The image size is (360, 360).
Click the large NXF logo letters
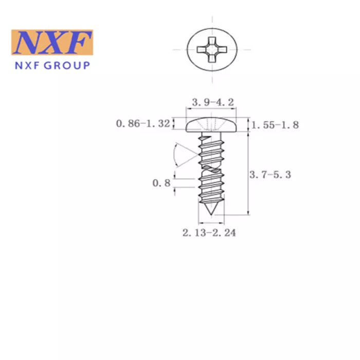(x=52, y=43)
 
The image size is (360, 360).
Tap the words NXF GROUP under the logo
(x=52, y=66)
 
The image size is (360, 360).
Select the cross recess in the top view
(x=212, y=49)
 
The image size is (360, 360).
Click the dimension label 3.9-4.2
(x=213, y=102)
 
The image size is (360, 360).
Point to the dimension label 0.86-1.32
(x=143, y=123)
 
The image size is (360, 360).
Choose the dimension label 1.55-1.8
(x=275, y=125)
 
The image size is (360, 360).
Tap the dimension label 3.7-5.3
(x=270, y=175)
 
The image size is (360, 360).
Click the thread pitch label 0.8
(x=161, y=183)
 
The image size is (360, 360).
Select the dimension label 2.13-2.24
(x=209, y=233)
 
